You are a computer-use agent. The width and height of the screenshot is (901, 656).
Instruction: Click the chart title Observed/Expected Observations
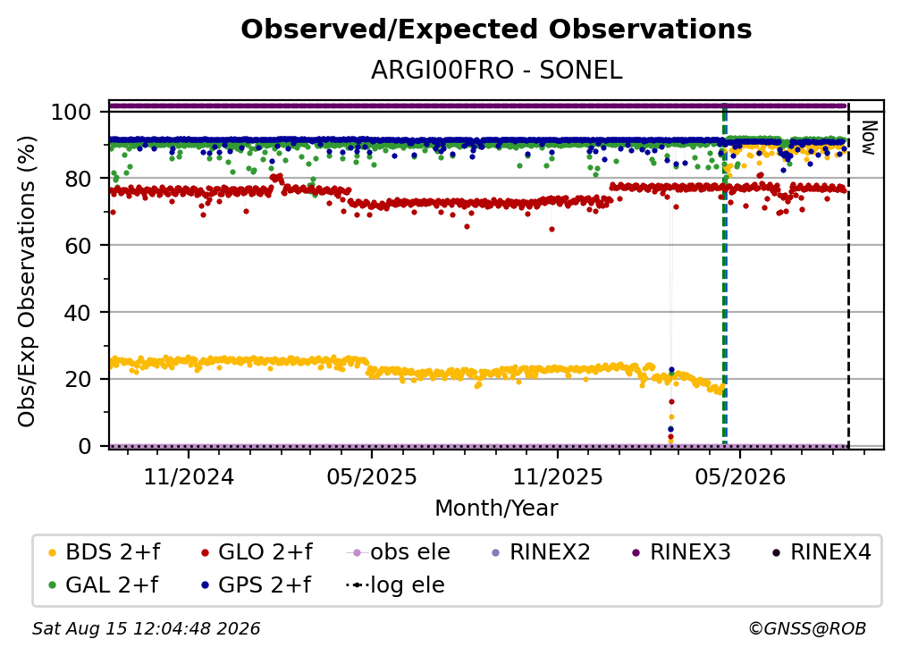[496, 29]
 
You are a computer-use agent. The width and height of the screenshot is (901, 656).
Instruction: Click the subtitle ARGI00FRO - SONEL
[496, 71]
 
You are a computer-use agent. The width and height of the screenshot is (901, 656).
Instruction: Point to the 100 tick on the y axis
[72, 112]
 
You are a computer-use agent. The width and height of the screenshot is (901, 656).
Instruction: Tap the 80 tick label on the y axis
[78, 179]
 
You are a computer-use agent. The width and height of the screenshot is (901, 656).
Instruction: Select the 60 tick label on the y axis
[78, 245]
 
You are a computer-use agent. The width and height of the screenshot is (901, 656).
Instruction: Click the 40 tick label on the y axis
[78, 313]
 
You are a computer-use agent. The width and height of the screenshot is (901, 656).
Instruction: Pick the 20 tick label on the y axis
[78, 379]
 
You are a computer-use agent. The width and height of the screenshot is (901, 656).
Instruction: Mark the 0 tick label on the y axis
[85, 446]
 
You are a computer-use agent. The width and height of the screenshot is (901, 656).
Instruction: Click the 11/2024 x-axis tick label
[189, 476]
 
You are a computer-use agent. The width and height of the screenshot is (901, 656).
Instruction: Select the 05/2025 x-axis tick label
[372, 476]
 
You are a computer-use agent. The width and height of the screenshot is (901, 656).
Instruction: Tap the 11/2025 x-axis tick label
[558, 476]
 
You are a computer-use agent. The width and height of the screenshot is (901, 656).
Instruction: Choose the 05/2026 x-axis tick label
[740, 476]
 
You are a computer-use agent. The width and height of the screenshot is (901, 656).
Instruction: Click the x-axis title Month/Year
[496, 508]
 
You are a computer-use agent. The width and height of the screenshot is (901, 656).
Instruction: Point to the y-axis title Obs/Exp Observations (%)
[27, 282]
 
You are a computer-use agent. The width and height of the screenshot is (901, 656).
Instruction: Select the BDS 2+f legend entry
[104, 552]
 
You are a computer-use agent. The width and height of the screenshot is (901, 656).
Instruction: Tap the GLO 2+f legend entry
[257, 552]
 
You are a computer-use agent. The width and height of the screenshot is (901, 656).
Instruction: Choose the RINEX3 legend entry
[681, 552]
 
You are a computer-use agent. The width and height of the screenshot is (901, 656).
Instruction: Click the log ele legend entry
[395, 585]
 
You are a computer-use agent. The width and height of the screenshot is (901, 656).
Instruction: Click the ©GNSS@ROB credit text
[807, 629]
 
